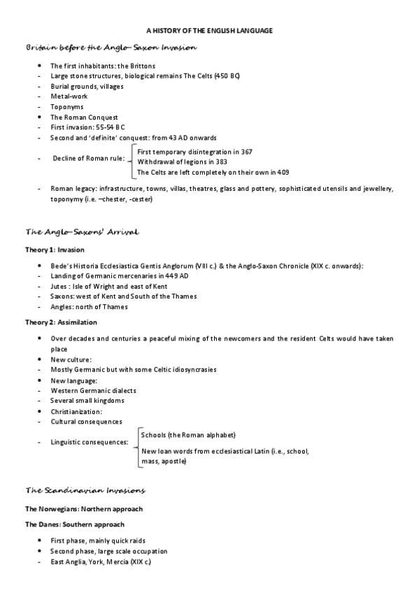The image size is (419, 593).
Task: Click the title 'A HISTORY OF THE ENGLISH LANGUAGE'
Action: click(x=209, y=31)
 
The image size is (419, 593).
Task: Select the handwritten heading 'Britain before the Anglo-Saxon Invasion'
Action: click(x=111, y=48)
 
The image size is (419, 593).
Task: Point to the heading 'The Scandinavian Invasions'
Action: click(x=85, y=490)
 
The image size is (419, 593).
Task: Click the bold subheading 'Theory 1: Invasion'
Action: click(x=55, y=249)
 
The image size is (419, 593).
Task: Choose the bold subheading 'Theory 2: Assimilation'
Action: click(x=61, y=322)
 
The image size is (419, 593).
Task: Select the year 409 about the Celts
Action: click(x=283, y=172)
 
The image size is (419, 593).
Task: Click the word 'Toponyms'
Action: click(x=67, y=107)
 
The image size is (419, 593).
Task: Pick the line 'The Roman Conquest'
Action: click(x=84, y=117)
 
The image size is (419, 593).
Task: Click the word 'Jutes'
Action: click(x=61, y=286)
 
